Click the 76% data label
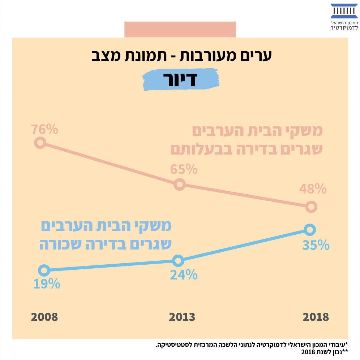point(44,129)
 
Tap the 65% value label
point(184,169)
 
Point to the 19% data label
point(46,284)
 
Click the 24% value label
point(184,275)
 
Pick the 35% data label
point(316,245)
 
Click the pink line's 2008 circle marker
point(40,143)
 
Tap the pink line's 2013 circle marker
point(179,185)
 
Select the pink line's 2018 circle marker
point(311,207)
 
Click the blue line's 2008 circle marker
point(44,270)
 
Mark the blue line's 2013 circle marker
point(178,260)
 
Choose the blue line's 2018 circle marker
point(310,230)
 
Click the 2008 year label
point(44,317)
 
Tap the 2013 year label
point(182,317)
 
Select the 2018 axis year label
point(316,317)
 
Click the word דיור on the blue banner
point(181,80)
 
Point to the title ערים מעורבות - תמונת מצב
point(180,56)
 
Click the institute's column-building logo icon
point(344,11)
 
